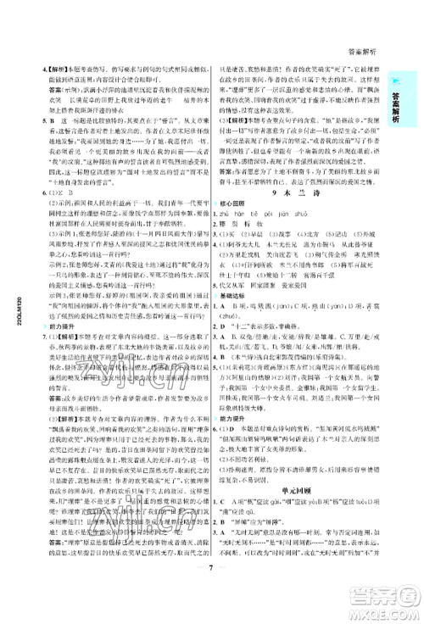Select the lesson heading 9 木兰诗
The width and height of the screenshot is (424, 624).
point(296,193)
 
